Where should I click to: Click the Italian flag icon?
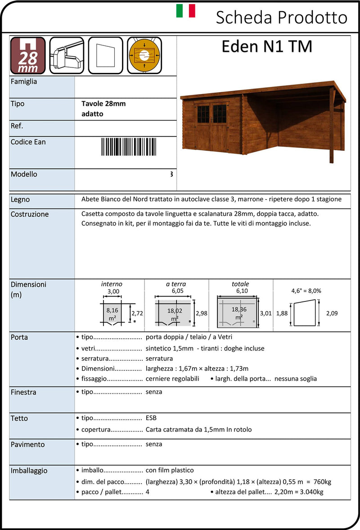coord(185,11)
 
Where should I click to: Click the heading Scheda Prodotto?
coord(281,18)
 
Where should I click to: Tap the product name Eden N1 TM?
coord(266,47)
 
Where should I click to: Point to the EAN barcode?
coord(125,147)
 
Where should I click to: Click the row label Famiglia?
coord(24,82)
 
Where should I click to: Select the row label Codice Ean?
coord(28,142)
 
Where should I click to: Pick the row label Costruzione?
coord(30,214)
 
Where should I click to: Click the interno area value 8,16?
coord(112,310)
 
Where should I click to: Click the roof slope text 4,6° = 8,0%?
coord(306,291)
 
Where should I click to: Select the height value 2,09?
coord(331,313)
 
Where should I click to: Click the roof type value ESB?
coord(151,418)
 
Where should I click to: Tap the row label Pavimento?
coord(28,445)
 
